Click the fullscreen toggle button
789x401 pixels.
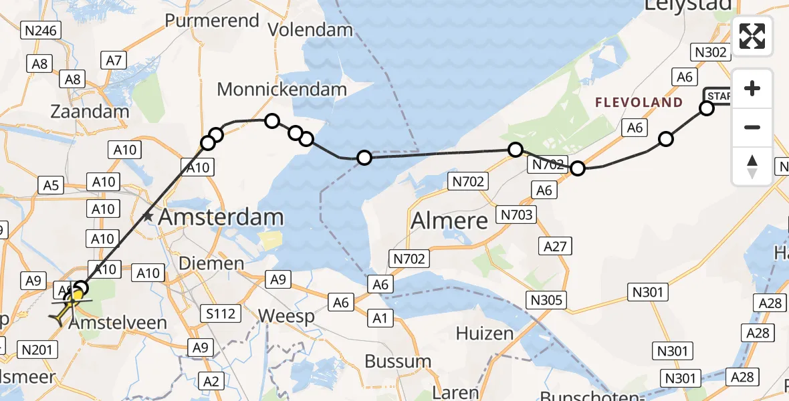(752, 35)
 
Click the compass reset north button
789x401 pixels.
(752, 166)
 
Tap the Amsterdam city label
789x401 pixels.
(221, 217)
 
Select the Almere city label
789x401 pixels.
(449, 220)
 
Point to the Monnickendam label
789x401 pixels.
(282, 89)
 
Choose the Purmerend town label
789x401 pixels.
(212, 21)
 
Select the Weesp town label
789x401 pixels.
(286, 316)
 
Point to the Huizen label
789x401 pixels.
(485, 333)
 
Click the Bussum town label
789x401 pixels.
(398, 362)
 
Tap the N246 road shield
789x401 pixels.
(41, 30)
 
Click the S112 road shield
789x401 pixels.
(221, 312)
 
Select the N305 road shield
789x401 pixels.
(545, 300)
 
